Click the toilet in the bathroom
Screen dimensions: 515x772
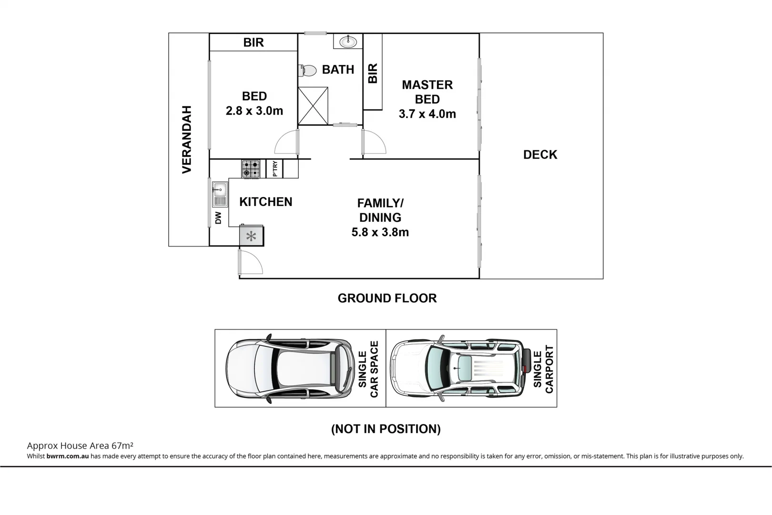[x=308, y=71]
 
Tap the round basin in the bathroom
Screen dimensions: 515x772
[x=348, y=41]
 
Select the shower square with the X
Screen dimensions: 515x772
[x=313, y=106]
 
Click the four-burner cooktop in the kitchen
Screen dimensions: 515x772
[x=251, y=169]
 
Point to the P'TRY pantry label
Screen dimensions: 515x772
[x=275, y=169]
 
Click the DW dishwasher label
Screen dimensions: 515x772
[x=218, y=217]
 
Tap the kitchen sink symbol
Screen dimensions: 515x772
[x=220, y=195]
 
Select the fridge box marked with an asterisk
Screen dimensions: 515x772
[x=251, y=236]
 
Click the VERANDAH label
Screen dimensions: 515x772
[x=187, y=139]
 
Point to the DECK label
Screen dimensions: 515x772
[x=540, y=154]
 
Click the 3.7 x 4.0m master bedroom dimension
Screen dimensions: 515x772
[x=427, y=114]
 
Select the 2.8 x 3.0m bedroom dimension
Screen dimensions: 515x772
[x=254, y=111]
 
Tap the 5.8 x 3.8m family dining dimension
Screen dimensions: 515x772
[x=380, y=232]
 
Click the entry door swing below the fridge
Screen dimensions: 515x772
[x=250, y=262]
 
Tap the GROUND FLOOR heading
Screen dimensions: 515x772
[x=387, y=298]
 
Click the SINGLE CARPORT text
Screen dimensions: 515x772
[x=543, y=369]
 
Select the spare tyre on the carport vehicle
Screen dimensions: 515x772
[x=526, y=361]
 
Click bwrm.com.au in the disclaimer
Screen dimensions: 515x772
[x=68, y=456]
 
